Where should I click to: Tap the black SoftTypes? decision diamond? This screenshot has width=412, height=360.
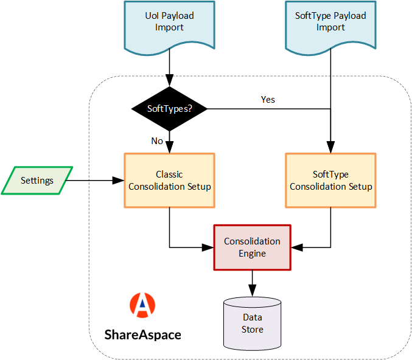pos(169,109)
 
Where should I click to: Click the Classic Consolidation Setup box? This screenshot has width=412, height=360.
pos(170,181)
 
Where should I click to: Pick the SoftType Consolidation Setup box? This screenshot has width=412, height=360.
pos(330,181)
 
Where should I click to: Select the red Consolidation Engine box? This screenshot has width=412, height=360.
pos(252,247)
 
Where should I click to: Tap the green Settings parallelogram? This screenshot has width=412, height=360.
pos(37,181)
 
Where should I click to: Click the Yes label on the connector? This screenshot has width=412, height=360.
pos(268,100)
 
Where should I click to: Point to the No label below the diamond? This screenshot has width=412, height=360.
pos(157,141)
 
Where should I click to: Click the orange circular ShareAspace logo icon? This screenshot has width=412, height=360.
pos(142,306)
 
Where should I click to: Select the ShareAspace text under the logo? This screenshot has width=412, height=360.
pos(142,334)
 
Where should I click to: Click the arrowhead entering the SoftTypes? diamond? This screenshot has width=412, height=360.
pos(169,80)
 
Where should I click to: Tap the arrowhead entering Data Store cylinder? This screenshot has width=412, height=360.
pos(252,292)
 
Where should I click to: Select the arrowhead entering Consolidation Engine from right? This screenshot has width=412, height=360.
pos(296,247)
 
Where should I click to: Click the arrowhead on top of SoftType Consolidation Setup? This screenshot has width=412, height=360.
pos(330,148)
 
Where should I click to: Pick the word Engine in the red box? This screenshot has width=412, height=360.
pos(252,253)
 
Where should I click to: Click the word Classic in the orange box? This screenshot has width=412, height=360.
pos(169,175)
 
